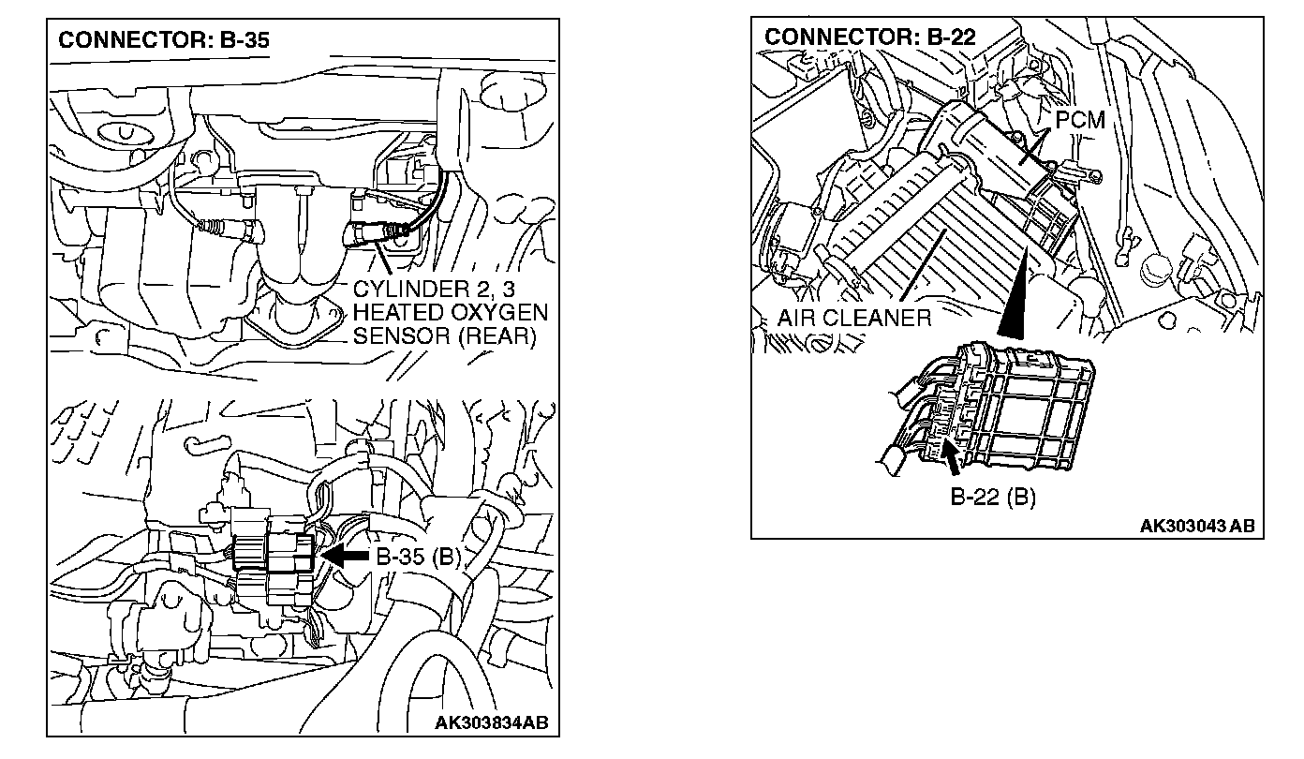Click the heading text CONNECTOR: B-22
click(870, 37)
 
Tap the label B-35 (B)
click(419, 557)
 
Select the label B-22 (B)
click(993, 497)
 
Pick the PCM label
click(1080, 120)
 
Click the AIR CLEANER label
click(854, 317)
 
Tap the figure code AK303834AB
click(492, 722)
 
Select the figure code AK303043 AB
click(1196, 526)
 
